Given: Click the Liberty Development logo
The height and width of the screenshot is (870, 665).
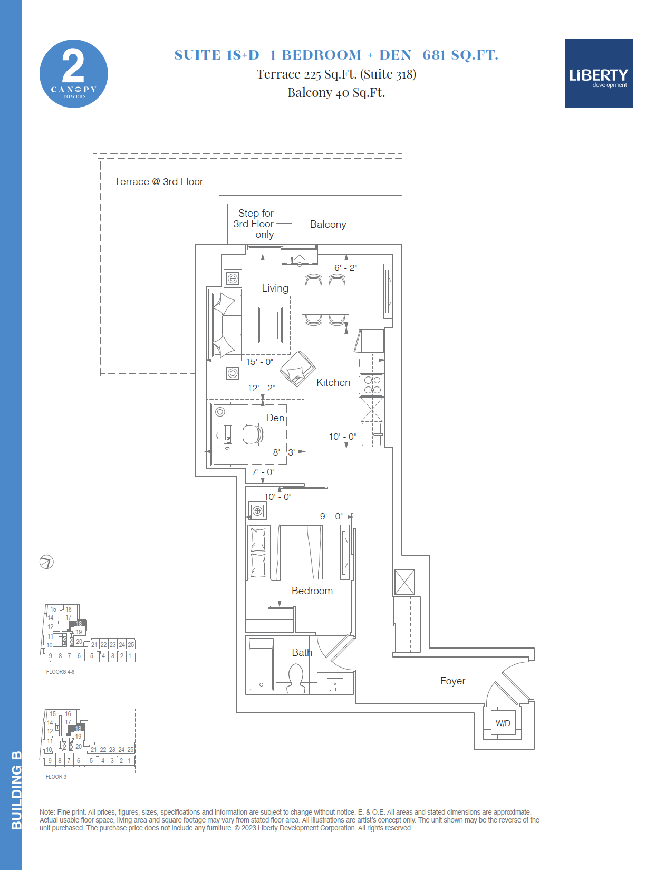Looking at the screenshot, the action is [x=599, y=73].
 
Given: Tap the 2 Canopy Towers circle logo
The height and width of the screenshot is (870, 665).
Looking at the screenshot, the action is [x=74, y=74].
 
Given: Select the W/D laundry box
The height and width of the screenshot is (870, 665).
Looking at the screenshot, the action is [x=502, y=723].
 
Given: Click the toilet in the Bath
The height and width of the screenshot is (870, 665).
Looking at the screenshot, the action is [x=296, y=678].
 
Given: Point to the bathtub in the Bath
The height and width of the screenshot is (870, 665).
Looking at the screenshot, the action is [x=261, y=664].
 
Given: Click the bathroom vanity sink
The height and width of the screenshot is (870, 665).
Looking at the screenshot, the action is [x=335, y=684].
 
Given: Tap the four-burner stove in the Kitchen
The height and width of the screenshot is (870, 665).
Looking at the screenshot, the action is [x=372, y=384].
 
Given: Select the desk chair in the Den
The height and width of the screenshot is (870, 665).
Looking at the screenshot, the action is [x=253, y=434].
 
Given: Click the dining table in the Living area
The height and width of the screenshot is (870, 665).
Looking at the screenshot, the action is [x=325, y=299].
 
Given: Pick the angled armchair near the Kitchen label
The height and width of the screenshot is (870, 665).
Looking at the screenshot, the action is [x=297, y=369].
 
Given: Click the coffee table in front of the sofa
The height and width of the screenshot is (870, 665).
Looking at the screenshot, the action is [x=271, y=325].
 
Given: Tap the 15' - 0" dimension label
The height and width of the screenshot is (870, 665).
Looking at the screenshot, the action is [x=259, y=362].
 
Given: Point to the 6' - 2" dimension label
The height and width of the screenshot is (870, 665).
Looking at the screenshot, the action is [x=345, y=268].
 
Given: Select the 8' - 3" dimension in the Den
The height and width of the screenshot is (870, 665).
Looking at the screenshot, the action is [x=284, y=452].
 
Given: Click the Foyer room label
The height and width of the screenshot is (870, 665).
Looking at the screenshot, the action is [x=452, y=681].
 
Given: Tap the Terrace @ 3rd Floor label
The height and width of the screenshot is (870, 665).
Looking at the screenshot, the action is [x=159, y=181].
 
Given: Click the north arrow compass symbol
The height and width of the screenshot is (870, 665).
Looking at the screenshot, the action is [x=46, y=562].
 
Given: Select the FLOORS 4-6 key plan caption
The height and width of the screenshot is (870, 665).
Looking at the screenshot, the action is [x=60, y=671].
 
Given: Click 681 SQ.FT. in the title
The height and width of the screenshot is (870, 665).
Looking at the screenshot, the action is [x=460, y=55].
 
